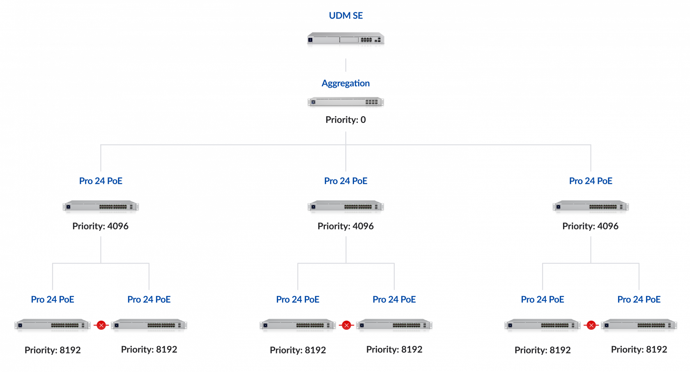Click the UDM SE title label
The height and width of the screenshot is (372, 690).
[345, 16]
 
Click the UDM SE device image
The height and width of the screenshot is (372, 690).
[345, 41]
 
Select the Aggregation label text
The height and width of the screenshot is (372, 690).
[345, 83]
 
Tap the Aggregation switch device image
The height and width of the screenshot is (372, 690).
[345, 103]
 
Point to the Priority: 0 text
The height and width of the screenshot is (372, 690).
[345, 120]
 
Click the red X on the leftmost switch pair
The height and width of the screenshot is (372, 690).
[101, 325]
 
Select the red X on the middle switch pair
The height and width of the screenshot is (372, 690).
[346, 325]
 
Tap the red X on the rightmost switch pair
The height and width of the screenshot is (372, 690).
[591, 325]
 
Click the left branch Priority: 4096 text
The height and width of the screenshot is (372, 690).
[100, 226]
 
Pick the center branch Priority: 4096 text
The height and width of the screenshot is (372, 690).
[345, 226]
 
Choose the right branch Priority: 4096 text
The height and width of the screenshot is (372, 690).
[590, 226]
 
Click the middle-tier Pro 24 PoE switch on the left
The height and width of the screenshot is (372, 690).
[101, 207]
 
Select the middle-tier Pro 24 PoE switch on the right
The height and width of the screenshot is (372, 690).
[591, 207]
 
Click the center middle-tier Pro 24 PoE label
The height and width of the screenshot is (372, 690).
[345, 181]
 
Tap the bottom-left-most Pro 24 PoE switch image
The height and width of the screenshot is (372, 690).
[53, 326]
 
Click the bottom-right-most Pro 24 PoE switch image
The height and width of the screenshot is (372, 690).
[639, 326]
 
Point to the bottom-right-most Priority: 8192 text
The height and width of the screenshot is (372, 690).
[639, 349]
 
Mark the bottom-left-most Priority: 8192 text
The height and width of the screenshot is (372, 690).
[53, 350]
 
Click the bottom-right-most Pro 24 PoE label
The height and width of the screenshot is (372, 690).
[639, 299]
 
